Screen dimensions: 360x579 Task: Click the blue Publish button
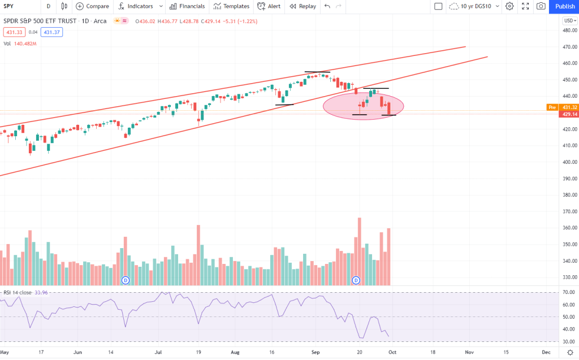564,6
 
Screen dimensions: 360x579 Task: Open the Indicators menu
136,6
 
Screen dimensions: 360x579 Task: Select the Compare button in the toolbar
92,6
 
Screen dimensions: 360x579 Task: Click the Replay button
303,6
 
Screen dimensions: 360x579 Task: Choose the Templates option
231,6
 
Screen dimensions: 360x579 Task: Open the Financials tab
187,6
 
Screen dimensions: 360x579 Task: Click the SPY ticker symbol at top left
9,6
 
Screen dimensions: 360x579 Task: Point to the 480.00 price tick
569,31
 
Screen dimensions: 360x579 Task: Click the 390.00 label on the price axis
569,179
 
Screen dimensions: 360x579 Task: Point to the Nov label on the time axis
469,352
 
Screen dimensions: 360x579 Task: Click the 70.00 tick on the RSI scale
569,292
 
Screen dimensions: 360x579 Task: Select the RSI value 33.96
42,292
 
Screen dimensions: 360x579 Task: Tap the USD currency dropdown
569,21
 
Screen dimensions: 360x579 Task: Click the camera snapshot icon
541,6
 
